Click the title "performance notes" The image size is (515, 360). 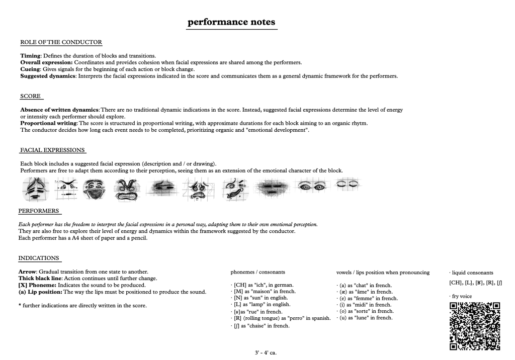(231, 22)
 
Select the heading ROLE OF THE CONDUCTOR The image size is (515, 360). (61, 42)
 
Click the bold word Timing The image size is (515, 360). (30, 55)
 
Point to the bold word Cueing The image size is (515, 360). (31, 69)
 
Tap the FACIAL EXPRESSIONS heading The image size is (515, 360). (52, 150)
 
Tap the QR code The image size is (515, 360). (475, 326)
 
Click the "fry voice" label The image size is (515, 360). (462, 296)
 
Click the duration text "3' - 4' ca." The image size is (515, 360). (266, 352)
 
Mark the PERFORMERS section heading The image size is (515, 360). (39, 210)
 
